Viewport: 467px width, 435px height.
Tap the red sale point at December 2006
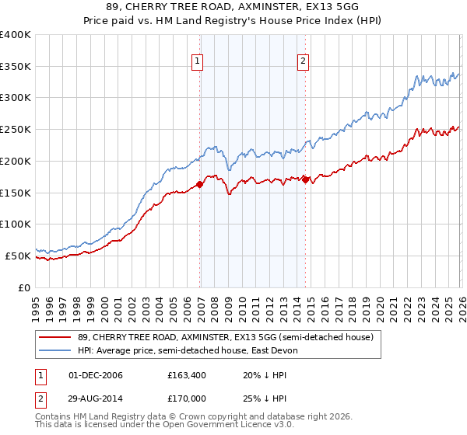click(x=200, y=184)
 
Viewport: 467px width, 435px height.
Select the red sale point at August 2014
click(x=305, y=179)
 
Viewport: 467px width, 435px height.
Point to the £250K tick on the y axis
click(x=16, y=130)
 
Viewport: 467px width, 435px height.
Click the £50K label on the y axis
click(x=18, y=256)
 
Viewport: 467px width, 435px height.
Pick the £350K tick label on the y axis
click(x=16, y=67)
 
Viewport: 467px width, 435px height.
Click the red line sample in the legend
click(x=56, y=337)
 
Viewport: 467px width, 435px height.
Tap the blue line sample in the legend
click(x=56, y=350)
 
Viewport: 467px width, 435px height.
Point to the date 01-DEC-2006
click(x=95, y=375)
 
